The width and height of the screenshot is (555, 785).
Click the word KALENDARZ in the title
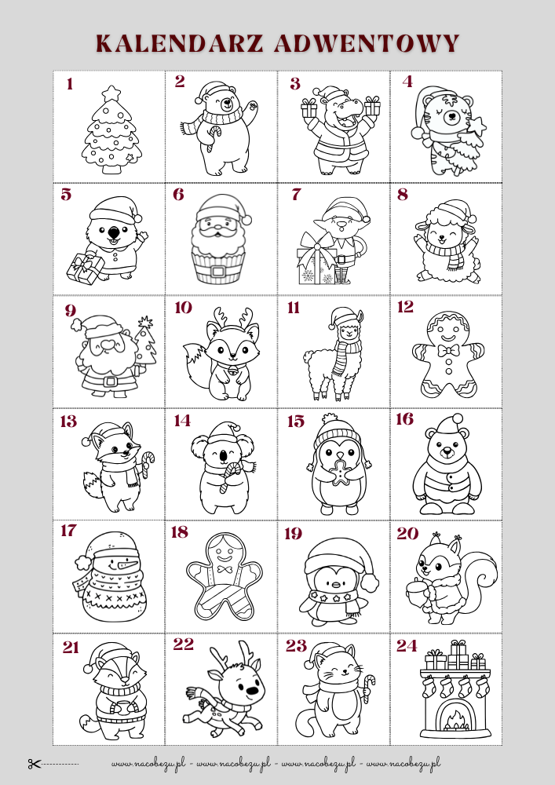click(x=180, y=43)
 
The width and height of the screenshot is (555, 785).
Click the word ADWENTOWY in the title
click(x=367, y=43)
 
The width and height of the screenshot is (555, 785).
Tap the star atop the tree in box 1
click(x=111, y=93)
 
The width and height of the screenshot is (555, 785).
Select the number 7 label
click(x=296, y=195)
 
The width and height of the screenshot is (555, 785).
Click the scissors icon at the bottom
click(x=34, y=764)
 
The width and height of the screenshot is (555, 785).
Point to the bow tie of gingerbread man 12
click(x=448, y=350)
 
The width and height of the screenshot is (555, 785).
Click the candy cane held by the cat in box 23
click(x=369, y=688)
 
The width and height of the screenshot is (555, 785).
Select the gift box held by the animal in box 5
click(x=85, y=268)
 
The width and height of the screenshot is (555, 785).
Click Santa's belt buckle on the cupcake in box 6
click(x=218, y=272)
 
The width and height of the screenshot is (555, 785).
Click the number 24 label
click(x=407, y=646)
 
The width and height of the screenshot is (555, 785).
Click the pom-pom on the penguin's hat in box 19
click(x=370, y=582)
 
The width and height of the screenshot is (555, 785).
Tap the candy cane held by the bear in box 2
click(x=213, y=138)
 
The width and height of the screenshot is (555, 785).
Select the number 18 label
click(x=180, y=532)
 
